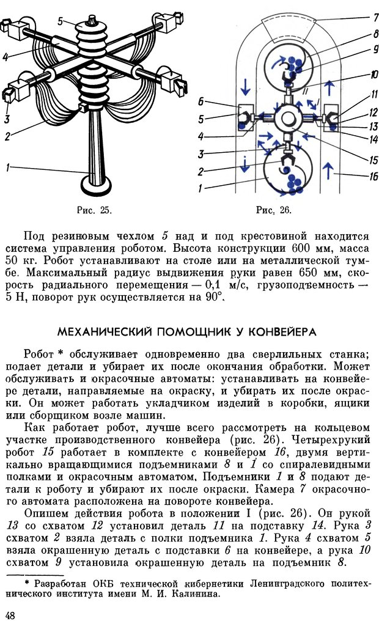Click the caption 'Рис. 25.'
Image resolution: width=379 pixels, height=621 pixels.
pos(95,210)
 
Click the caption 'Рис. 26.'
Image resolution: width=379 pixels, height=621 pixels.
pos(274,210)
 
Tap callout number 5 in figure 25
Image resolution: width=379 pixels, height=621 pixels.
pos(61,20)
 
